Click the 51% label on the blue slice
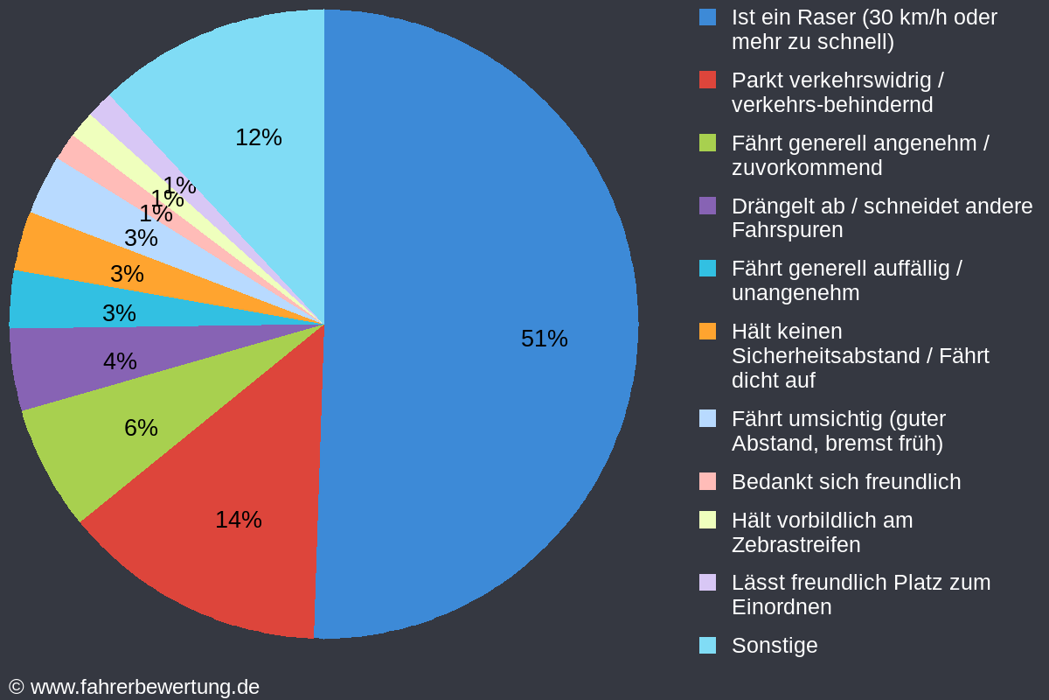(x=544, y=339)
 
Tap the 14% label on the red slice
(x=239, y=520)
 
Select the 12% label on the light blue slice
(x=259, y=137)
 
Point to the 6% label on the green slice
(x=141, y=428)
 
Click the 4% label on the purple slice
(x=120, y=361)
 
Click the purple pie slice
(x=61, y=367)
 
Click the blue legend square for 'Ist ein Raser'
(x=708, y=17)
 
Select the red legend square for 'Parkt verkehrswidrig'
(x=708, y=80)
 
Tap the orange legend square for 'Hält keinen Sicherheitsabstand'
(x=708, y=332)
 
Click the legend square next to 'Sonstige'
(x=708, y=645)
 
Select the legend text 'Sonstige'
(x=775, y=645)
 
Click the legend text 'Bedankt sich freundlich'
(x=845, y=481)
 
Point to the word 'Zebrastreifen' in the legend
(x=795, y=544)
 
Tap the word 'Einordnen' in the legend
(x=781, y=606)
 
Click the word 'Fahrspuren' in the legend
(x=787, y=230)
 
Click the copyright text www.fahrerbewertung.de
(x=144, y=687)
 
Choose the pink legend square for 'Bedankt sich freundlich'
(x=708, y=481)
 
